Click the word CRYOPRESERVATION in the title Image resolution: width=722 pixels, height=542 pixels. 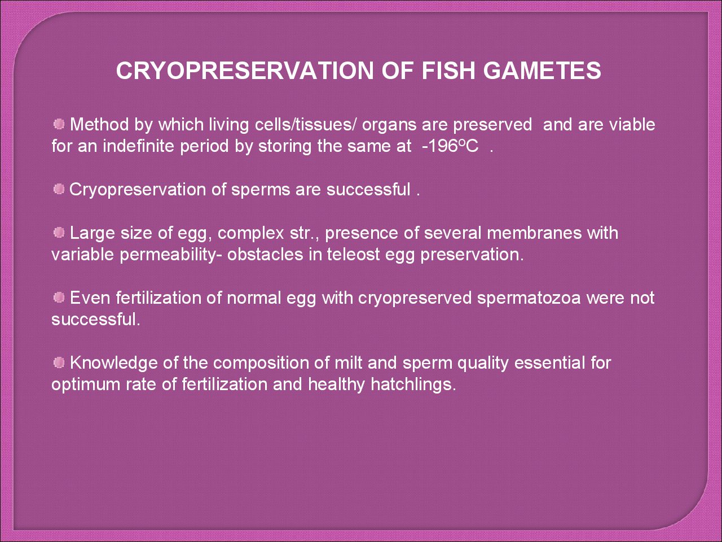click(245, 71)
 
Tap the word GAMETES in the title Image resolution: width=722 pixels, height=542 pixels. click(542, 71)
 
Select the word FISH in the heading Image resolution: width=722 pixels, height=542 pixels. click(448, 71)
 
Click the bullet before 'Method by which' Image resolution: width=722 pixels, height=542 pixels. click(59, 124)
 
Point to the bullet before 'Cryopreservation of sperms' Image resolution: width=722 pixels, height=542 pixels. click(59, 189)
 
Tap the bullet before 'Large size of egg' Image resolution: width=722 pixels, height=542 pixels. click(59, 233)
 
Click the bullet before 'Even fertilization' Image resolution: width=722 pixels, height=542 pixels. click(59, 298)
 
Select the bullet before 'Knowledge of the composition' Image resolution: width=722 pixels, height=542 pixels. click(59, 362)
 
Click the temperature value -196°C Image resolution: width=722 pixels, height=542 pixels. click(450, 146)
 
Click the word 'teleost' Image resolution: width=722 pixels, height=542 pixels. click(353, 255)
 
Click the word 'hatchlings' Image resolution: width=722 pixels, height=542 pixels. click(413, 384)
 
